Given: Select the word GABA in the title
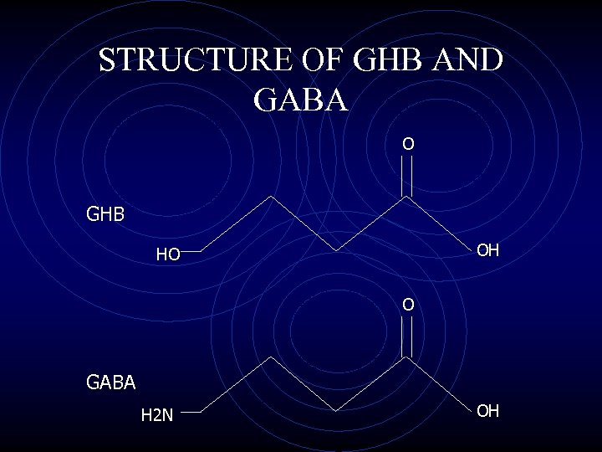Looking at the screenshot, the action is pos(300,100).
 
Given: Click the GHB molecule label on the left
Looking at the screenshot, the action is pos(105,214).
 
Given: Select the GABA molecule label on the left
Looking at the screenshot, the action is pos(110,383).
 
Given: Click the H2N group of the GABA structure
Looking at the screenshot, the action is pos(157,413).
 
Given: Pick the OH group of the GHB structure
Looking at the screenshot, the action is pos(488,249).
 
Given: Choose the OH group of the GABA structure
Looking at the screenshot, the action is pos(488,410).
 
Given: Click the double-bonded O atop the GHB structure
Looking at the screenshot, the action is pos(407,144).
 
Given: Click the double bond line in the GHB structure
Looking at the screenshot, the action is pos(407,176).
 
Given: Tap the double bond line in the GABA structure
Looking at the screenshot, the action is pos(407,336).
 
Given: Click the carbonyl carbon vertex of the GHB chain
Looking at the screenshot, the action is pos(407,198).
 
